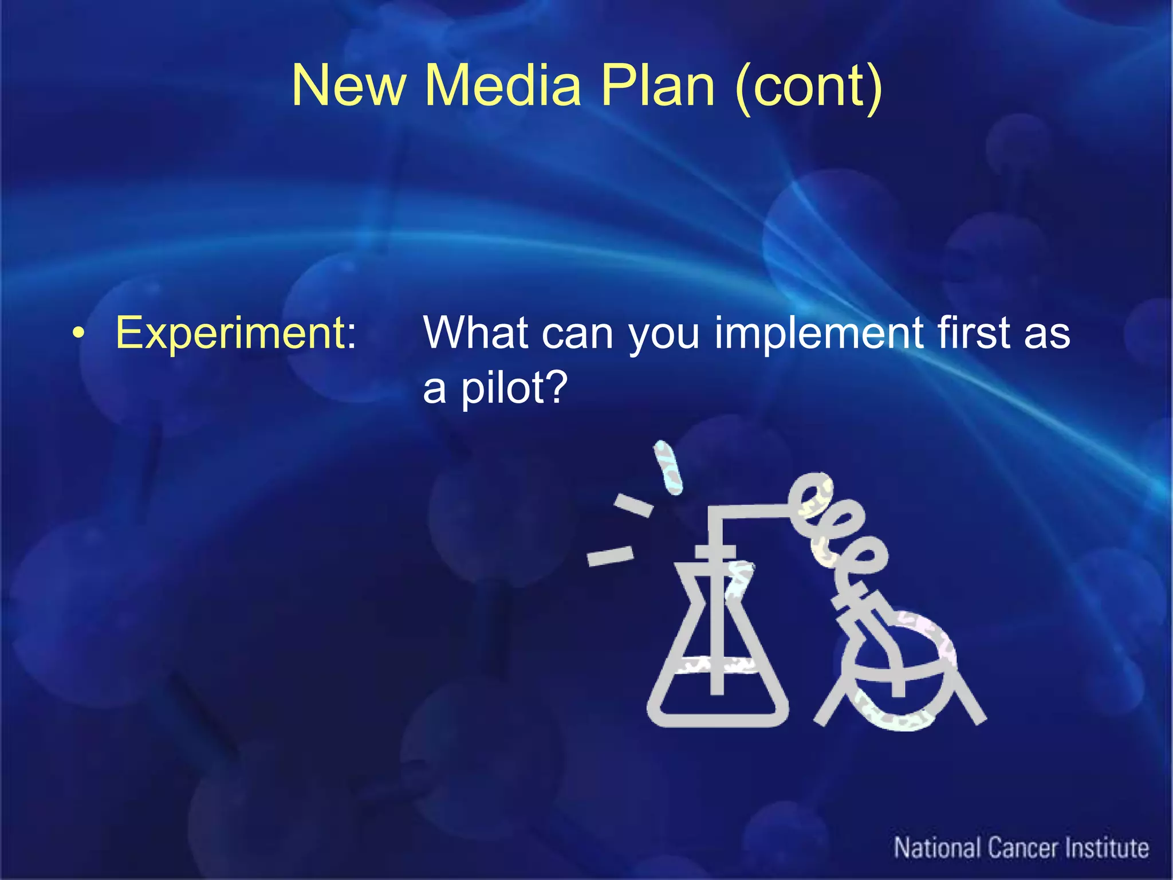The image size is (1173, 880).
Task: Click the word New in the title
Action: click(x=348, y=86)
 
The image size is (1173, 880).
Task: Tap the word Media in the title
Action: click(x=502, y=86)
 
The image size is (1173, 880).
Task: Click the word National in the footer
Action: click(x=938, y=848)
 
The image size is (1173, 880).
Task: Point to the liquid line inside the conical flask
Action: click(x=716, y=665)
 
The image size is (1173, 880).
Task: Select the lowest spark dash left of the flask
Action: click(x=610, y=556)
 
